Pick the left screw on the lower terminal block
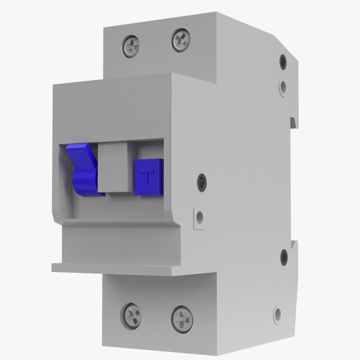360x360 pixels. point(132,315)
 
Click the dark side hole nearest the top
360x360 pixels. point(283,62)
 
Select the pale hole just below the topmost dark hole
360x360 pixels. point(283,87)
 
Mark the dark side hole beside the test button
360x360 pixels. point(202,182)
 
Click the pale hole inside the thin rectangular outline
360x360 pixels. point(200,218)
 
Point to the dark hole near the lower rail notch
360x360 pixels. point(284,257)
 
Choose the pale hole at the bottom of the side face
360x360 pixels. point(277,313)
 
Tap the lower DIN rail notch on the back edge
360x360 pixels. point(294,244)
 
